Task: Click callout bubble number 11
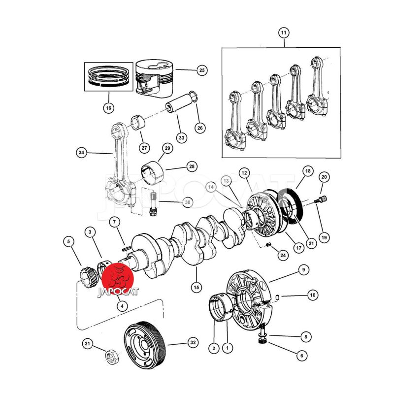click(x=283, y=33)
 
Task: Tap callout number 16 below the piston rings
click(x=108, y=107)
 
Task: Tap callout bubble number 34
click(x=81, y=153)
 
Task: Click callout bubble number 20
click(x=324, y=176)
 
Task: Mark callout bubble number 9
click(x=304, y=269)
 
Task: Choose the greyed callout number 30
click(x=188, y=202)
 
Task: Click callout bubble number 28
click(x=192, y=166)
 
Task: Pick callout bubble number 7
click(x=113, y=223)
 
